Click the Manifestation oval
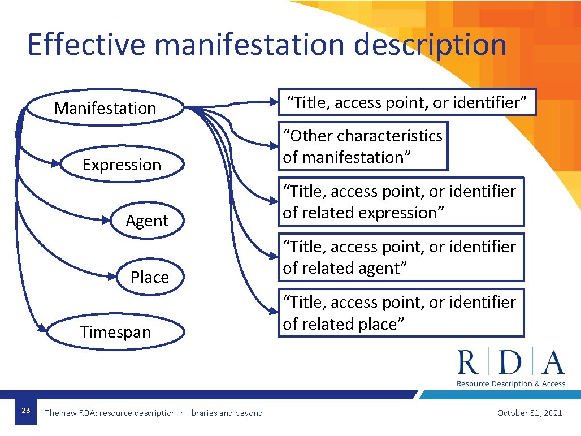pyautogui.click(x=105, y=107)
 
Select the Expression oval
pyautogui.click(x=122, y=165)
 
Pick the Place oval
pyautogui.click(x=150, y=277)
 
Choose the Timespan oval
pyautogui.click(x=115, y=332)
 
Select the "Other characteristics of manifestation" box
pyautogui.click(x=362, y=146)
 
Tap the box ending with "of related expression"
pyautogui.click(x=400, y=202)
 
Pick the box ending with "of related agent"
pyautogui.click(x=400, y=257)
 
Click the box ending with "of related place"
pyautogui.click(x=400, y=313)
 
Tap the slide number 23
pyautogui.click(x=25, y=411)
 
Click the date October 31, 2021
pyautogui.click(x=530, y=413)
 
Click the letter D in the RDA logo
pyautogui.click(x=511, y=362)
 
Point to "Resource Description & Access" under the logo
pyautogui.click(x=511, y=383)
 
